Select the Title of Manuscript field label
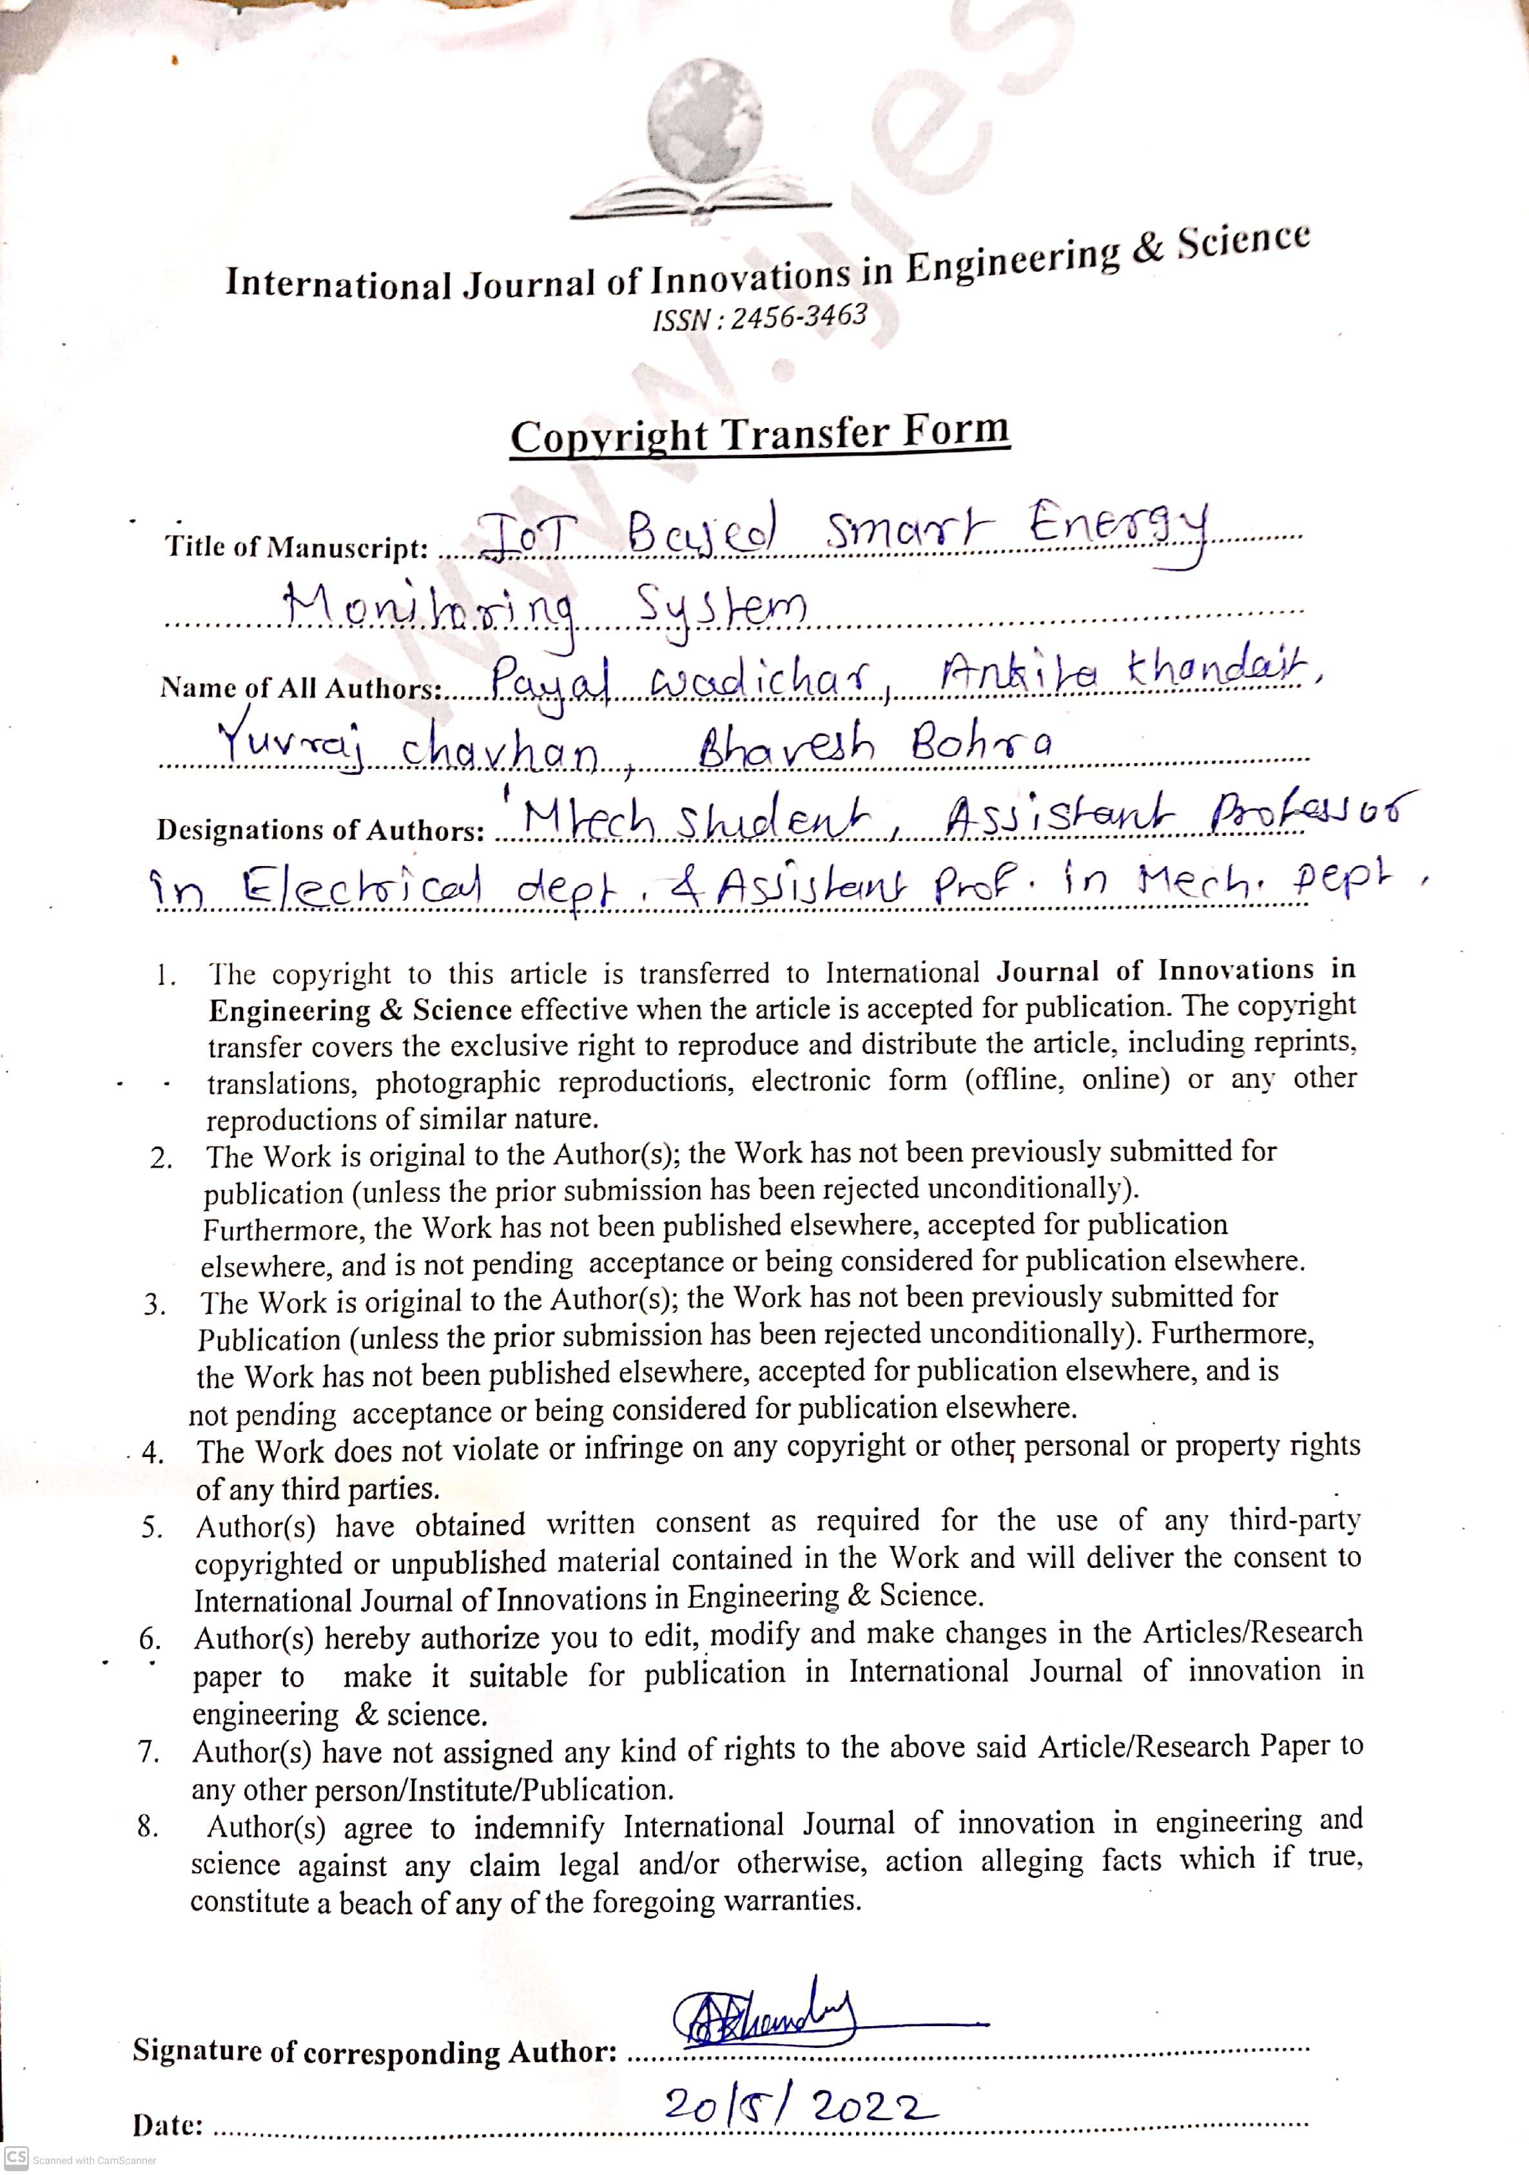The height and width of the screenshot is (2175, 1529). pos(297,546)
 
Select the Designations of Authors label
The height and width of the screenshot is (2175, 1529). pos(321,831)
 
